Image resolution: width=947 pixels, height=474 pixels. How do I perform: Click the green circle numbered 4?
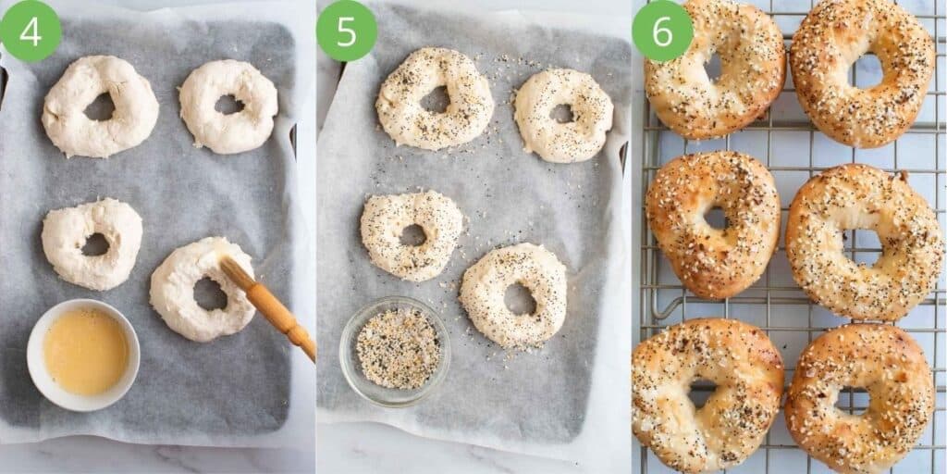[31, 31]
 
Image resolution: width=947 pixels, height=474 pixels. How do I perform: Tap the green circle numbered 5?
[347, 31]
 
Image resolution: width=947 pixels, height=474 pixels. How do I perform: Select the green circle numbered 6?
[662, 31]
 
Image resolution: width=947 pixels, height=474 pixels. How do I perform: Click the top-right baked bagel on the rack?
[902, 83]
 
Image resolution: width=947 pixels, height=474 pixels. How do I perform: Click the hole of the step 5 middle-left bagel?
[412, 235]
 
